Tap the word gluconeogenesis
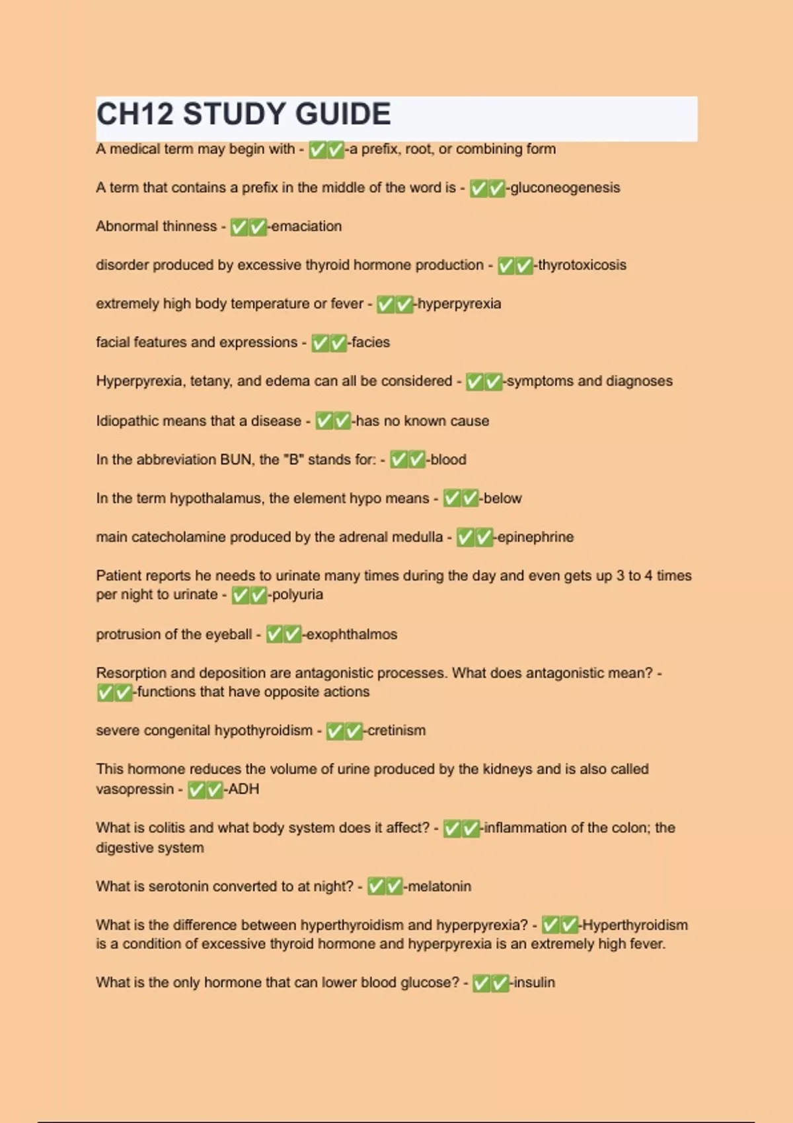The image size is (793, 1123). point(565,188)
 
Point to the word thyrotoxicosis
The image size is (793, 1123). point(582,265)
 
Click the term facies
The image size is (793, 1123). point(371,342)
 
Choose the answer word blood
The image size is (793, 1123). point(448,460)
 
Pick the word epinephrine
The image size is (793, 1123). point(535,537)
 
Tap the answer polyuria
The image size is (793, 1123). point(297,595)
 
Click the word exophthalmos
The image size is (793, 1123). point(352,635)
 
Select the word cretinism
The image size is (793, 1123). point(397,731)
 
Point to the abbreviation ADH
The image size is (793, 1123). point(244,789)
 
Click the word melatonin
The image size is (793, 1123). point(439,887)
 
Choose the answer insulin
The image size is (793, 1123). point(535,983)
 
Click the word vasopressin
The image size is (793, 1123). point(134,789)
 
